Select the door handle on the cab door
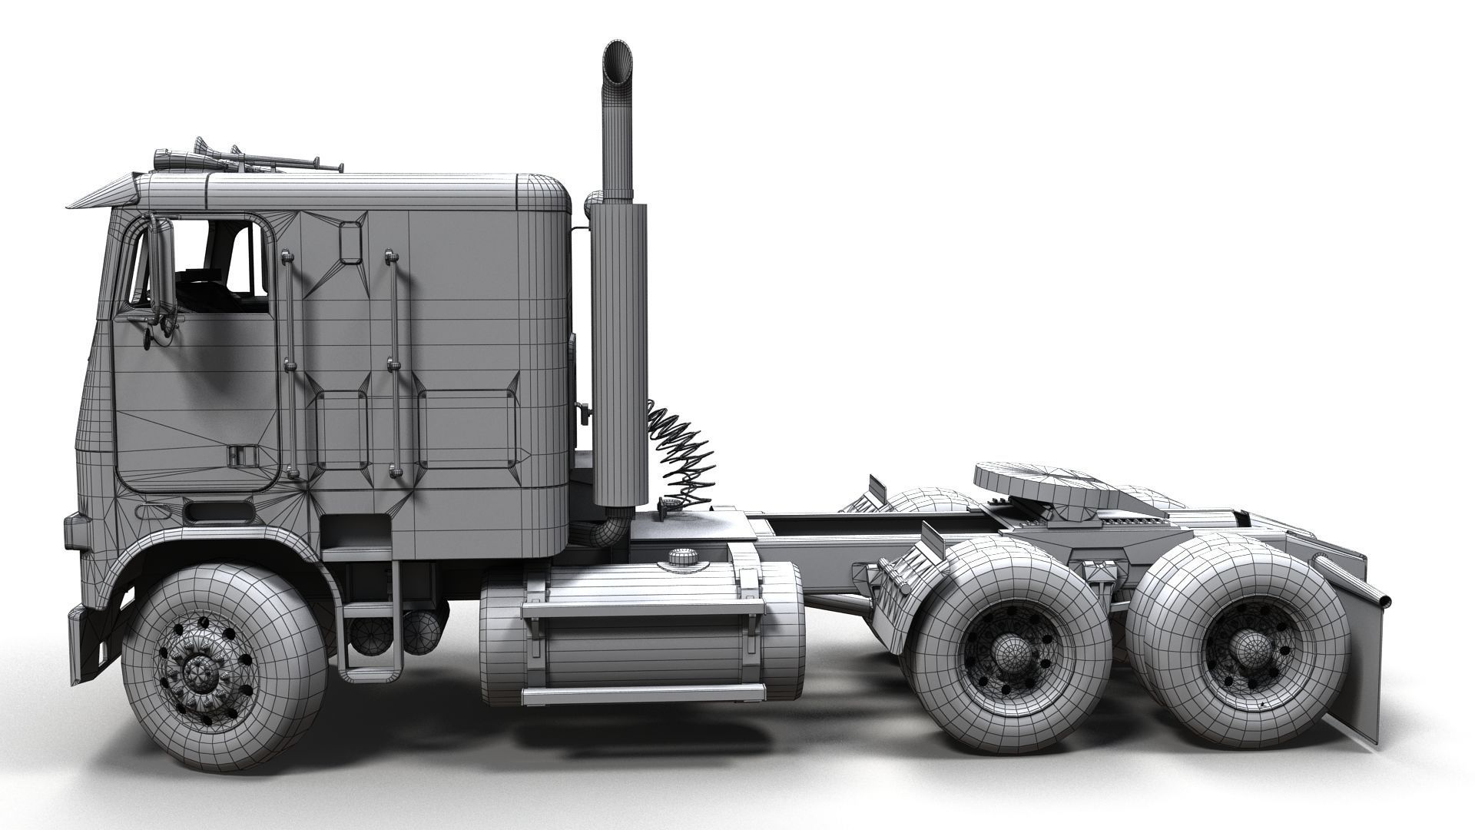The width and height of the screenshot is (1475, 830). pos(235,455)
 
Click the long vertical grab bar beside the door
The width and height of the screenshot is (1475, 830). pos(288,361)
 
